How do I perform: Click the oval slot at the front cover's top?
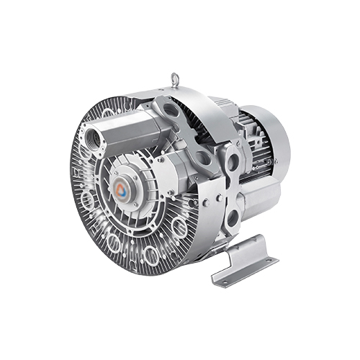point(108,114)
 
